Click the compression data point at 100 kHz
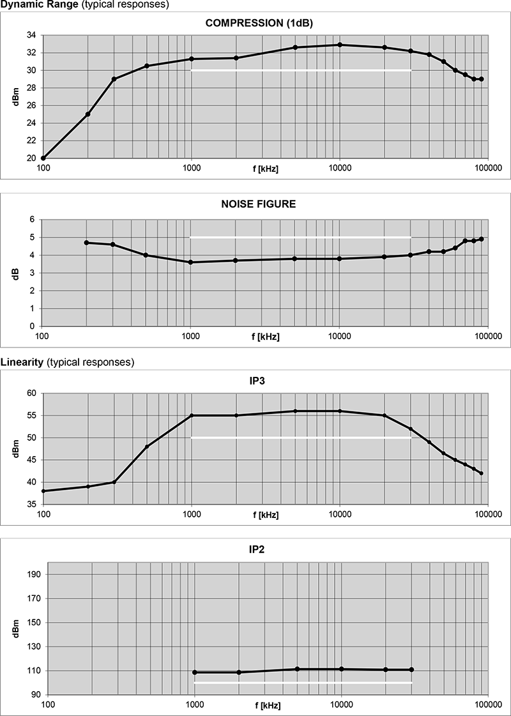(x=43, y=158)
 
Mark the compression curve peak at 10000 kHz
(x=340, y=45)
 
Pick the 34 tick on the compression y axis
(x=31, y=34)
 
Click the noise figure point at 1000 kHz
(x=191, y=262)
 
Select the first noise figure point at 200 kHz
(x=87, y=243)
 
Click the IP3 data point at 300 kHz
(x=114, y=482)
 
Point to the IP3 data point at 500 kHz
(x=147, y=446)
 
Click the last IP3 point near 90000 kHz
(x=481, y=473)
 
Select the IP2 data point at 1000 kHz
(x=195, y=672)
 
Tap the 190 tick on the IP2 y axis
(x=34, y=575)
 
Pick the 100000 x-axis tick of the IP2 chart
(x=488, y=705)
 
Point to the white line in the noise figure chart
(x=300, y=238)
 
